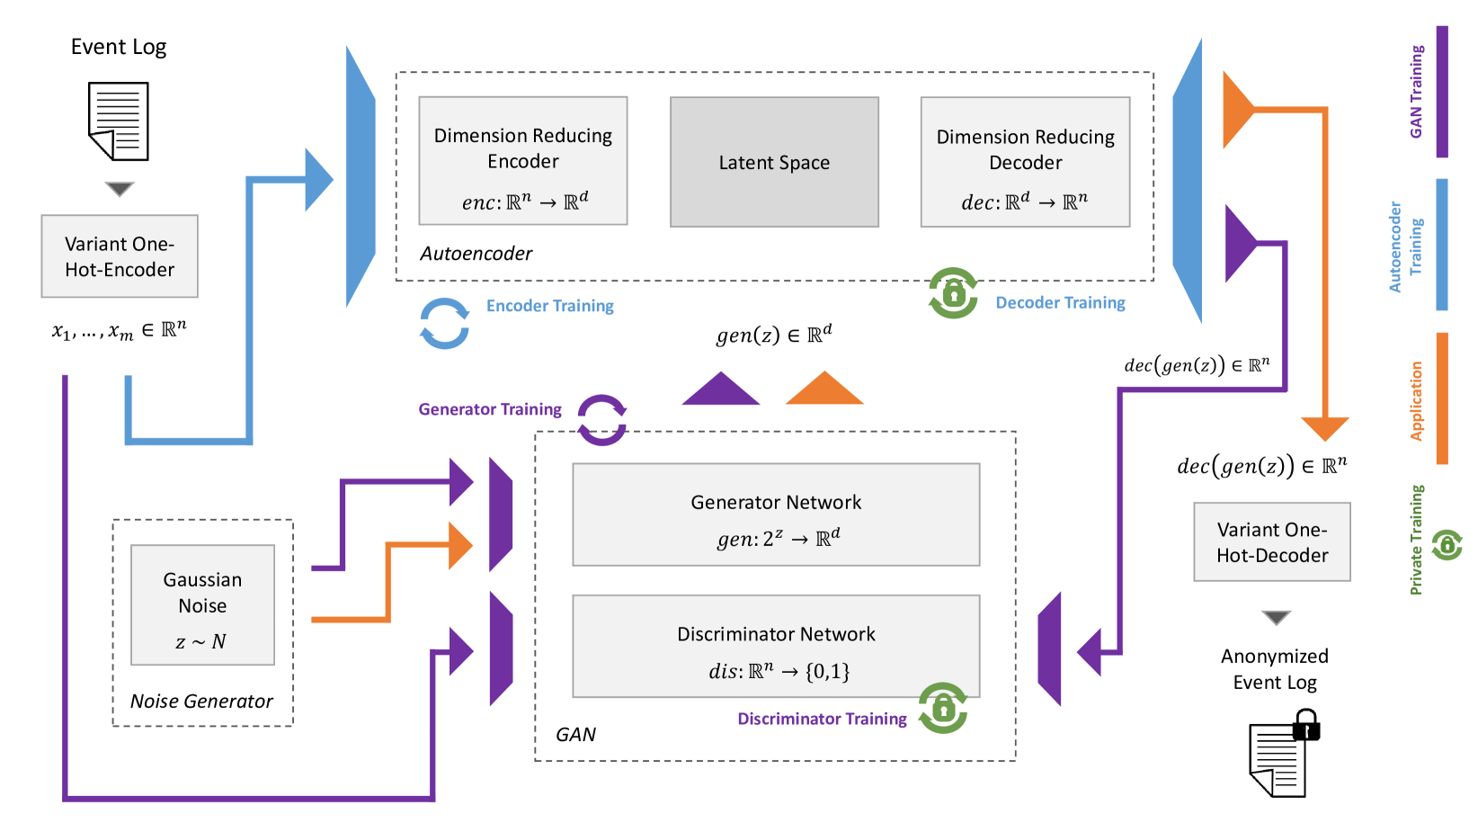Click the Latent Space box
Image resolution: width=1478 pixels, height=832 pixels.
click(x=774, y=162)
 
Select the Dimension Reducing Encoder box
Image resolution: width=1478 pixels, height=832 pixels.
click(x=522, y=160)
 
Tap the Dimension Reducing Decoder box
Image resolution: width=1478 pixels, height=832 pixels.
click(x=1025, y=162)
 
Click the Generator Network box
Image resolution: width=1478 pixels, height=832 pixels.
click(x=776, y=514)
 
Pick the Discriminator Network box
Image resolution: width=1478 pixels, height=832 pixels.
click(x=776, y=646)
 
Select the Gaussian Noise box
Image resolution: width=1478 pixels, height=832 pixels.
click(x=202, y=604)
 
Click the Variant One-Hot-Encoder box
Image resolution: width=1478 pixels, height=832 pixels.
click(x=120, y=256)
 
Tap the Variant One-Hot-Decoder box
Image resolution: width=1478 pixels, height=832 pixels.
click(x=1271, y=541)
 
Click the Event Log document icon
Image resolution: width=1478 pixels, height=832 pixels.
click(x=119, y=121)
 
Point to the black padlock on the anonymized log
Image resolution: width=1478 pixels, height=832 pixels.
click(x=1305, y=725)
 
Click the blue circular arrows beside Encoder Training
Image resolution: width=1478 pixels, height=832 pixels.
click(x=444, y=324)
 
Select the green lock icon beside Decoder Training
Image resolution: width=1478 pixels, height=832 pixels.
click(x=953, y=293)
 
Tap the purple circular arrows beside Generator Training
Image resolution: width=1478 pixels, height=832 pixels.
click(x=601, y=420)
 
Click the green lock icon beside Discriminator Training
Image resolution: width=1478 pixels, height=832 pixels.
click(x=943, y=709)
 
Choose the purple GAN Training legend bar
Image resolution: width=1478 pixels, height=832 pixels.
click(x=1442, y=92)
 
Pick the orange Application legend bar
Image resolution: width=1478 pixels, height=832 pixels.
click(x=1442, y=398)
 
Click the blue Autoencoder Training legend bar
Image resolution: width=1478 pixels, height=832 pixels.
click(x=1442, y=245)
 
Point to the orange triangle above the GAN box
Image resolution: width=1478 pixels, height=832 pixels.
click(x=824, y=389)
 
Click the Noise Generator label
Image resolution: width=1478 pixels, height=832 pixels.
click(x=201, y=702)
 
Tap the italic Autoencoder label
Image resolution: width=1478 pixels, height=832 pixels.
click(x=476, y=254)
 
